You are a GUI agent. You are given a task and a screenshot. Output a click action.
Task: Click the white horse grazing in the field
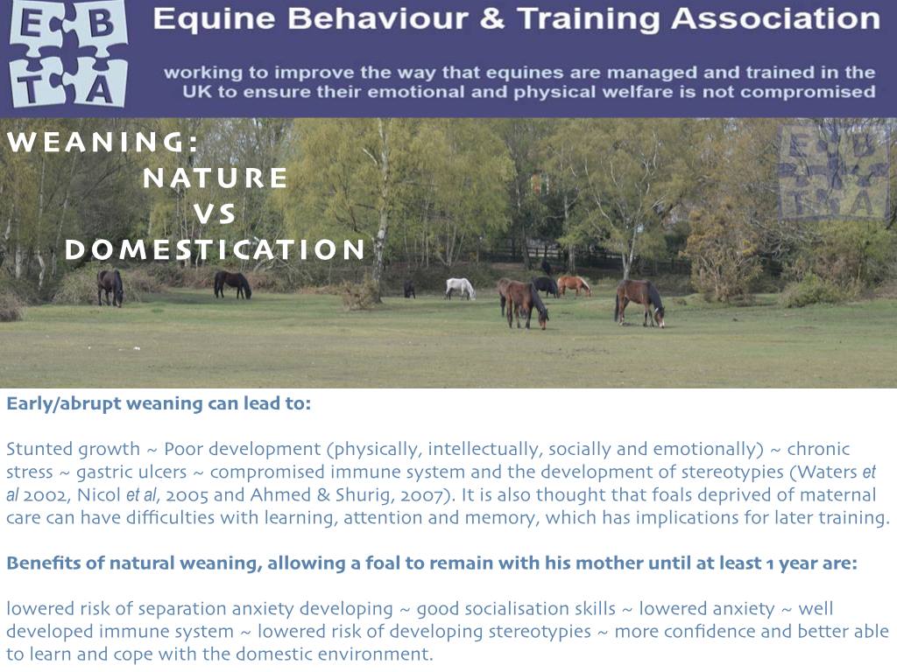(460, 288)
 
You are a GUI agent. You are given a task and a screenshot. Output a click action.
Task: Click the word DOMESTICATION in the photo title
(215, 249)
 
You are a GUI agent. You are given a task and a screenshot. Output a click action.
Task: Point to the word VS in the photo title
(214, 213)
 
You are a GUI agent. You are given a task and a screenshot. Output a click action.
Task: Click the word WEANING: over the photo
(102, 142)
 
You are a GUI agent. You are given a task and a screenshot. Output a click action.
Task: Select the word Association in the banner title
(776, 18)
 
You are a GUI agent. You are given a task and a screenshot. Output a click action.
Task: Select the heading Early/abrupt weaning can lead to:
(159, 404)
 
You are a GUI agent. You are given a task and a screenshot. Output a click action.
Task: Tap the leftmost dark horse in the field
(109, 287)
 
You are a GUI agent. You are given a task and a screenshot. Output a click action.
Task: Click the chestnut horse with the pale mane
(574, 285)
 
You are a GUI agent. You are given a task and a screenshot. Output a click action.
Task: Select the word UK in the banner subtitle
(197, 92)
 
